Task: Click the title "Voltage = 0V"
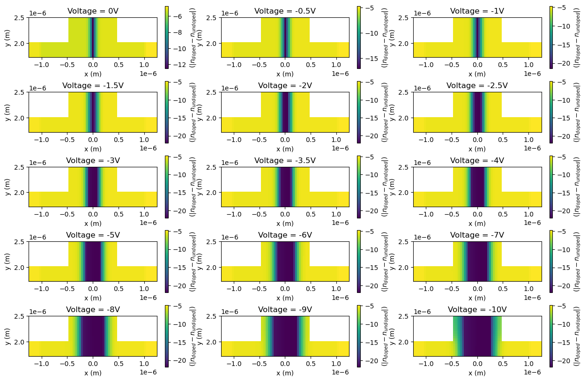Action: click(92, 11)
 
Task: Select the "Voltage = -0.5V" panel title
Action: click(285, 11)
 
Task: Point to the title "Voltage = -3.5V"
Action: click(285, 160)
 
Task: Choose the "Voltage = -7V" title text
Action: click(477, 235)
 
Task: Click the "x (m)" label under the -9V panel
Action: click(285, 373)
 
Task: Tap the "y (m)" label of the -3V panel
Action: click(7, 187)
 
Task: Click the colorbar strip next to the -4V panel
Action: click(551, 187)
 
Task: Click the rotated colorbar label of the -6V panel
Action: click(384, 261)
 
